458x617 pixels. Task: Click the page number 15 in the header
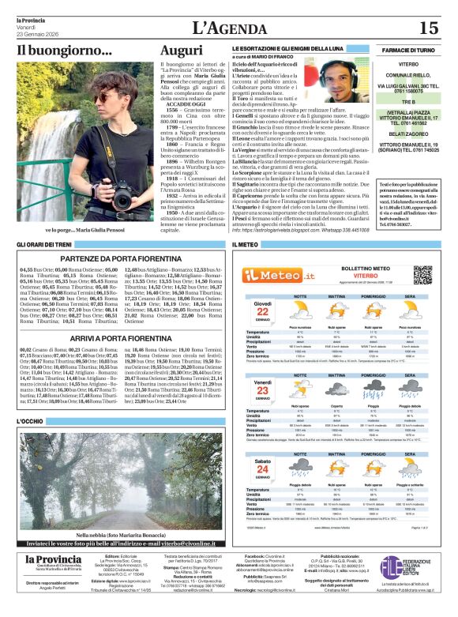[x=428, y=28]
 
